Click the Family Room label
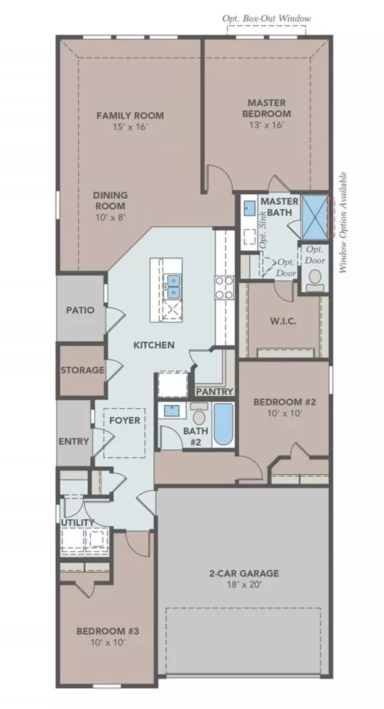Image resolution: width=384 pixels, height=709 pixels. pyautogui.click(x=130, y=115)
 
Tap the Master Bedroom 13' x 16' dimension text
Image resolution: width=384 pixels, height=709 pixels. pyautogui.click(x=267, y=125)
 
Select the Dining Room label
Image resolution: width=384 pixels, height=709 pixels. pyautogui.click(x=110, y=200)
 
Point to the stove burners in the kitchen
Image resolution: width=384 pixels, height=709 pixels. pyautogui.click(x=224, y=288)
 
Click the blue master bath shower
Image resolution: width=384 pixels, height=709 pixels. pyautogui.click(x=314, y=216)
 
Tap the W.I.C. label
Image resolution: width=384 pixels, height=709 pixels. pyautogui.click(x=283, y=322)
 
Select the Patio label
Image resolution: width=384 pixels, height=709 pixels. pyautogui.click(x=81, y=310)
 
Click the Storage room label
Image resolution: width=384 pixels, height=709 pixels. pyautogui.click(x=83, y=370)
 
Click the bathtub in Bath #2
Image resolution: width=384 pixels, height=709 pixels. pyautogui.click(x=224, y=424)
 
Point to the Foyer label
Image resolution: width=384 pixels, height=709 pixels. pyautogui.click(x=125, y=420)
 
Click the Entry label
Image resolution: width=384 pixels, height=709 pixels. pyautogui.click(x=73, y=441)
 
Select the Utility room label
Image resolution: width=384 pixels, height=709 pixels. pyautogui.click(x=78, y=522)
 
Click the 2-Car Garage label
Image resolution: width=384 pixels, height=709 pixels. pyautogui.click(x=244, y=573)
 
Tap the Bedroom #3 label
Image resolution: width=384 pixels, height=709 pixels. pyautogui.click(x=101, y=631)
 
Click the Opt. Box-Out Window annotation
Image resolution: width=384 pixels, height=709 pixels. pyautogui.click(x=266, y=19)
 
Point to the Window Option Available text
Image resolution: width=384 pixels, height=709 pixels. pyautogui.click(x=343, y=222)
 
